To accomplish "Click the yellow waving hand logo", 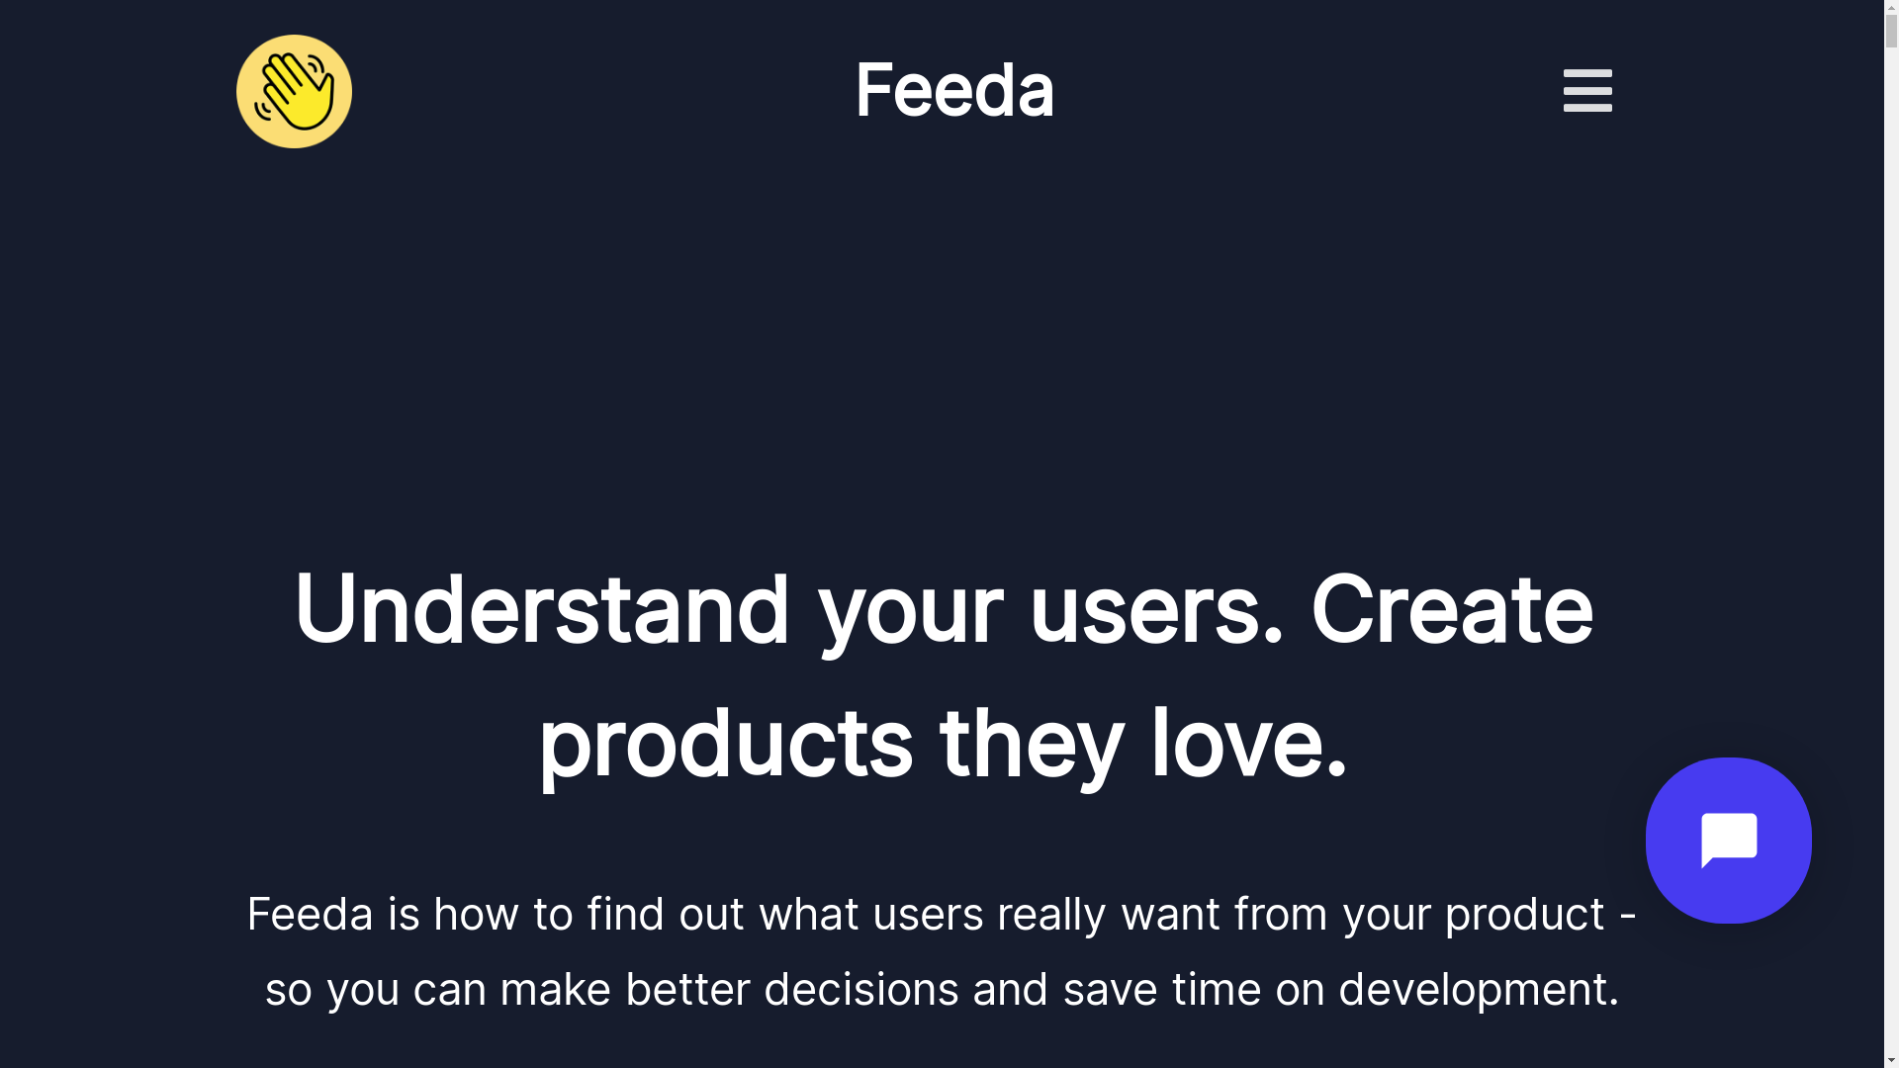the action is point(294,91).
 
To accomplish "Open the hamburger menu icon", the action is point(1587,91).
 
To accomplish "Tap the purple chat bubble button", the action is point(1728,841).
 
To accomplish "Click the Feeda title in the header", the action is point(954,90).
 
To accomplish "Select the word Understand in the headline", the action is point(542,609).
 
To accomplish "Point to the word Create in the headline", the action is point(1452,609).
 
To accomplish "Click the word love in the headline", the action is point(1248,743).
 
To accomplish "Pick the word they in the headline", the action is point(1032,745).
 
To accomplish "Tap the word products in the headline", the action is point(725,745).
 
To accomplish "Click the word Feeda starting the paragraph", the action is point(310,914).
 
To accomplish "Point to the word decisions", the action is point(860,989).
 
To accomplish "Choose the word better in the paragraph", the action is point(687,989).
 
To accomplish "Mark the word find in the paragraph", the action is point(625,914).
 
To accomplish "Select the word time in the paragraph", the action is point(1217,990).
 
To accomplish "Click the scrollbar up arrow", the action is point(1891,8).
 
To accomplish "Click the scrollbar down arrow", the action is point(1891,1060).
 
